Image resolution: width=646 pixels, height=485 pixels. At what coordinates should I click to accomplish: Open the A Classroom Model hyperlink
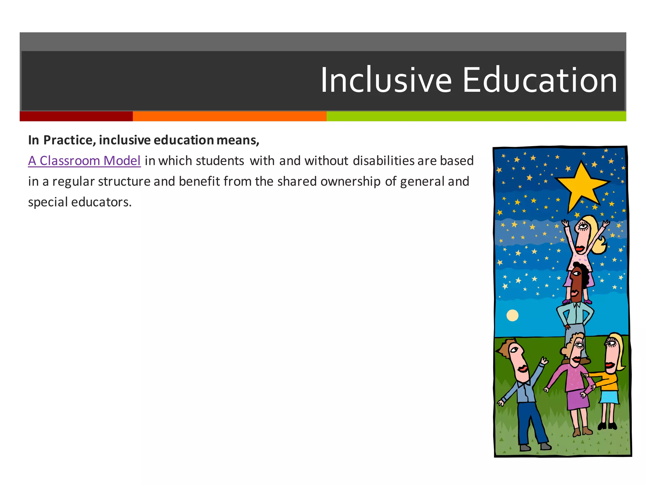[x=84, y=161]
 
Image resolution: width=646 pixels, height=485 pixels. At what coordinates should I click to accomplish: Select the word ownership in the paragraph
[x=350, y=182]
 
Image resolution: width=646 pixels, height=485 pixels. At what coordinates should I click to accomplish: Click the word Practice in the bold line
[x=69, y=140]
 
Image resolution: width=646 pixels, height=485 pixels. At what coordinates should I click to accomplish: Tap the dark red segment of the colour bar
[x=76, y=116]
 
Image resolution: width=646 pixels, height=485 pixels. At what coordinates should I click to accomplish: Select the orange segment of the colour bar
[x=229, y=116]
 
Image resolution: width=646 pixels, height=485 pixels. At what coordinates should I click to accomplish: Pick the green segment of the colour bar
[x=476, y=116]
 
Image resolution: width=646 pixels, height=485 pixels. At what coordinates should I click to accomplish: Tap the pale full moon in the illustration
[x=512, y=315]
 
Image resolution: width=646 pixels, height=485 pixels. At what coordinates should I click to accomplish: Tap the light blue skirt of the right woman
[x=609, y=397]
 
